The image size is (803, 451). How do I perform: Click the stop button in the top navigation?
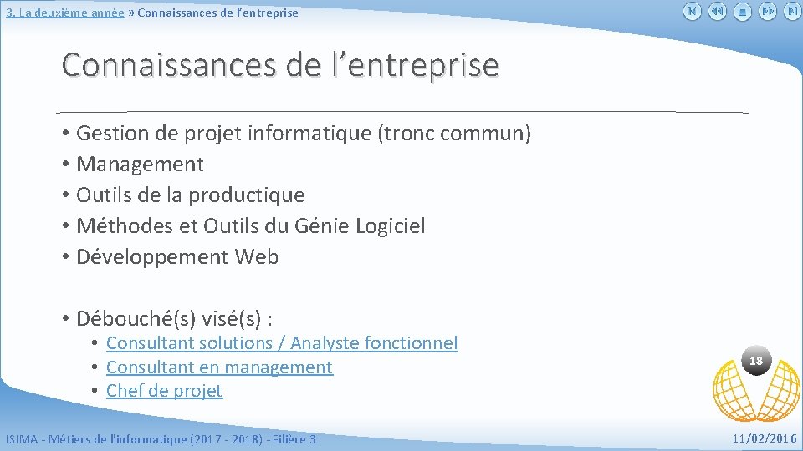coord(742,12)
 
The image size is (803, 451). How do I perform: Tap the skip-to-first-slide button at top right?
coord(692,12)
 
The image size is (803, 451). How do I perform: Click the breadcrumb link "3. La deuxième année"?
coord(65,13)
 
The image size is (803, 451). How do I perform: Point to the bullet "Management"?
coord(140,164)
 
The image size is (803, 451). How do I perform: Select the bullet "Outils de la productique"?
coord(190,195)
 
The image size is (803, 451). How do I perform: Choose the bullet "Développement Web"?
coord(176,256)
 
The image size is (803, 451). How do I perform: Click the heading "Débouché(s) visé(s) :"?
coord(176,318)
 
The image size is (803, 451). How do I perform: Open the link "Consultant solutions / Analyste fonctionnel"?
coord(282,343)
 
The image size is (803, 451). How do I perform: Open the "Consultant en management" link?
coord(219,367)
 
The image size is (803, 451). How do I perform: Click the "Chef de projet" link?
coord(164,391)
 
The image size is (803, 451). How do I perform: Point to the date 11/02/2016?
coord(765,438)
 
